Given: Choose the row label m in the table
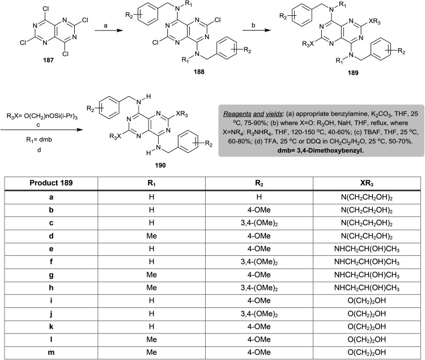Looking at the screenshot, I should [x=50, y=352].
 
